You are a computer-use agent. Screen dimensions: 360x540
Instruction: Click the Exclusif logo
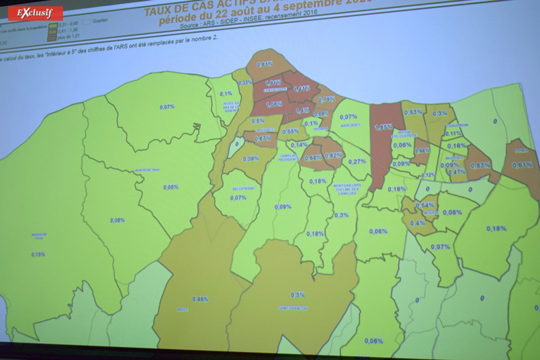point(35,13)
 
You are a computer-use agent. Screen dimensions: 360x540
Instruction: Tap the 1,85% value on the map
point(384,126)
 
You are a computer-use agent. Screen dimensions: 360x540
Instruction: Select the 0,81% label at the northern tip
point(265,64)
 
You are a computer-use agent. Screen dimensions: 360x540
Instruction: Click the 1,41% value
point(302,88)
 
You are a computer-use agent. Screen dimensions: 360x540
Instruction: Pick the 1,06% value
point(274,104)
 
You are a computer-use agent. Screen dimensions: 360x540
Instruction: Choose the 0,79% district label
point(326,99)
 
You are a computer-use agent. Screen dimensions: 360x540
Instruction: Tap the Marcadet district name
point(350,126)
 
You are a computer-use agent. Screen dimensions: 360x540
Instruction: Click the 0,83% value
point(481,165)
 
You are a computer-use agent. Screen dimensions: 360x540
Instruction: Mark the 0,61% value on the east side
point(521,165)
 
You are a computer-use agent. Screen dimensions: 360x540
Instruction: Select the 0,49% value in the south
point(200,299)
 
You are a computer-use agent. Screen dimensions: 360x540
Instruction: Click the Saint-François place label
point(294,308)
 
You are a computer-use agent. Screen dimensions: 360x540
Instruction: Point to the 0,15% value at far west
point(38,254)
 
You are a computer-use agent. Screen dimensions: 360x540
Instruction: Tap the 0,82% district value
point(334,155)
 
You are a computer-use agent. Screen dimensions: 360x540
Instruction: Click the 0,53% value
point(413,112)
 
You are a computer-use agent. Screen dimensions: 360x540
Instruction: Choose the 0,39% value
point(251,159)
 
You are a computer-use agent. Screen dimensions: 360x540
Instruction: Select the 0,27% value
point(357,161)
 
